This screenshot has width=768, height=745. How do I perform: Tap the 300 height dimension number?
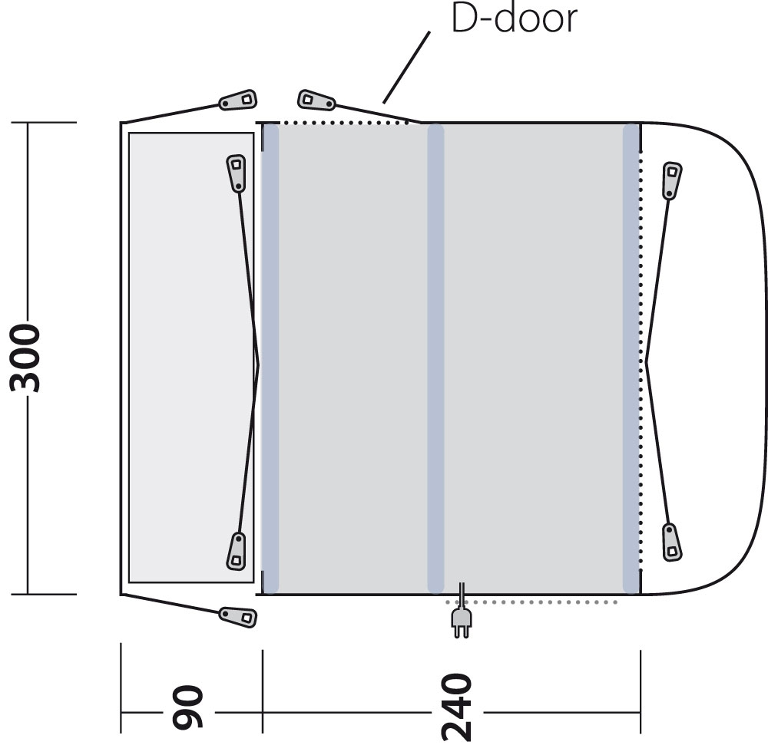tap(25, 358)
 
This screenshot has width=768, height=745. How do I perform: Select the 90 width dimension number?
tap(187, 707)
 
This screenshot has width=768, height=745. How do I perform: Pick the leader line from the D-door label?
tap(406, 68)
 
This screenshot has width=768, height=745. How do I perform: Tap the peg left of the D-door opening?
tap(238, 101)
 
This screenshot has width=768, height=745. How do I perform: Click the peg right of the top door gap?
tap(316, 101)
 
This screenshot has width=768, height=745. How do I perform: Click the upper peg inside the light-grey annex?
tap(237, 173)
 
